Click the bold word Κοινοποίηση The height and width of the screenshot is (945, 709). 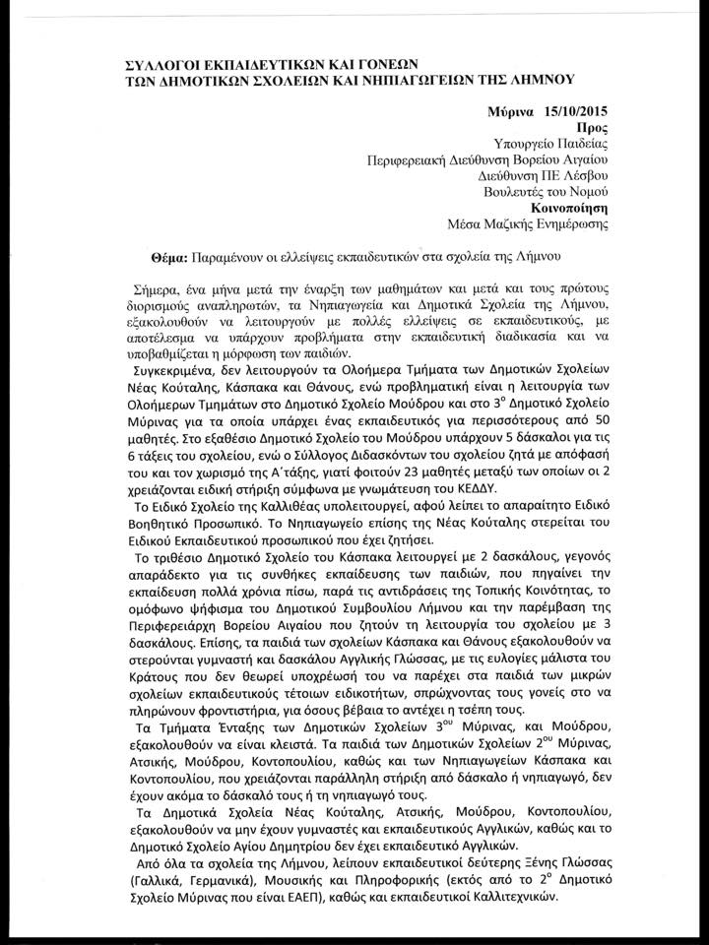click(x=567, y=209)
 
